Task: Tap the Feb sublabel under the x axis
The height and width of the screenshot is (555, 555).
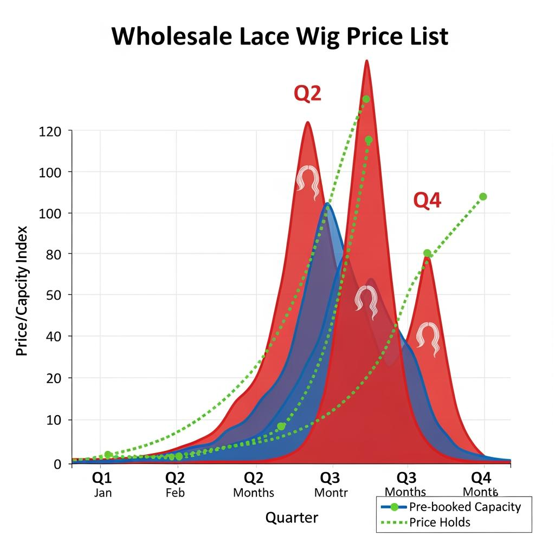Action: (x=175, y=493)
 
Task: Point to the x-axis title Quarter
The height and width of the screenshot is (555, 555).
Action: (x=292, y=518)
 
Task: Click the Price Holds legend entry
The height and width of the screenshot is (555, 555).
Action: (x=440, y=522)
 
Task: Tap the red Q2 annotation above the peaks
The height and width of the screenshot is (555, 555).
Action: (x=307, y=94)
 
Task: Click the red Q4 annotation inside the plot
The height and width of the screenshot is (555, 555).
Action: (x=427, y=201)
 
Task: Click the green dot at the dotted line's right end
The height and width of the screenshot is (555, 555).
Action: (x=483, y=197)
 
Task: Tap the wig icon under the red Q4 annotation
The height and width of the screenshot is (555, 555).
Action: (x=428, y=338)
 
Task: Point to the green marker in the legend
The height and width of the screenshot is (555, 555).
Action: (x=395, y=507)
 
